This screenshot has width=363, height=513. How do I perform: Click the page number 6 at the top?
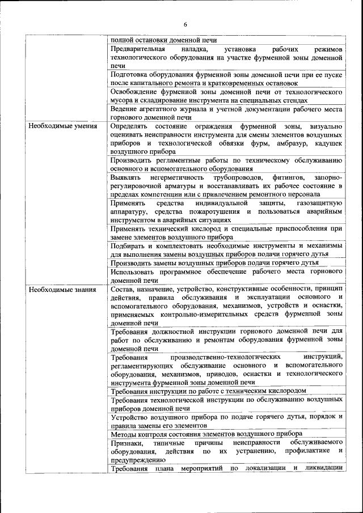point(185,24)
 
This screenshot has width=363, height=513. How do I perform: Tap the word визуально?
point(323,126)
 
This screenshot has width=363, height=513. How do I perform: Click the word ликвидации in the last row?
point(323,469)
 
